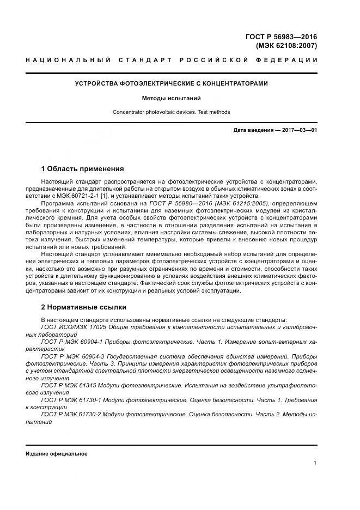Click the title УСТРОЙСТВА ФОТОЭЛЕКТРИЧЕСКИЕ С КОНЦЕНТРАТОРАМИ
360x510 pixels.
pyautogui.click(x=171, y=84)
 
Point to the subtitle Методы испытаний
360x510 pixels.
pyautogui.click(x=171, y=99)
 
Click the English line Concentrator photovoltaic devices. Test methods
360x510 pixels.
pyautogui.click(x=171, y=112)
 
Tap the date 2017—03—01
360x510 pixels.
pyautogui.click(x=298, y=130)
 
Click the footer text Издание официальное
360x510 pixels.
pyautogui.click(x=57, y=453)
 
